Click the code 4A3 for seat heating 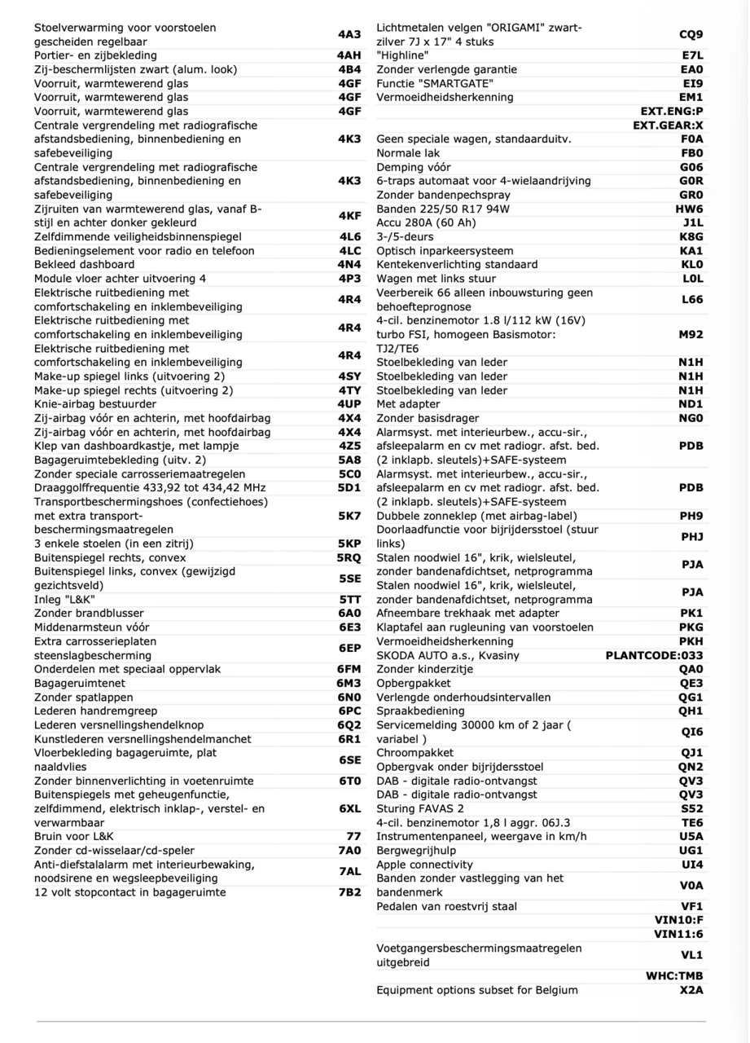pos(349,35)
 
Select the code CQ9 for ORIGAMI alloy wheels pos(691,35)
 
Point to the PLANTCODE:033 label pos(654,656)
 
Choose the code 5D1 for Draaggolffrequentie pos(349,488)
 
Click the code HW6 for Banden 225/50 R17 pos(690,209)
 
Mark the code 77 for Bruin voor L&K pos(353,837)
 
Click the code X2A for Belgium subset pos(691,991)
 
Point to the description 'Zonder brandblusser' pos(89,614)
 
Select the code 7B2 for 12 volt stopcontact pos(349,892)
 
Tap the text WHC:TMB pos(674,976)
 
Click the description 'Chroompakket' pos(414,753)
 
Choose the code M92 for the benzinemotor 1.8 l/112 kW pos(691,335)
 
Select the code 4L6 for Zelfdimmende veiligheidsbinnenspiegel pos(349,237)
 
